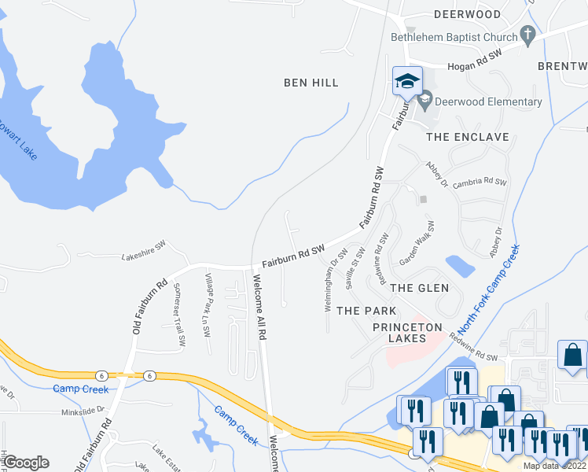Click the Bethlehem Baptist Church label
click(x=454, y=37)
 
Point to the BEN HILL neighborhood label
click(x=311, y=83)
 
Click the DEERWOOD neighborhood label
click(x=467, y=14)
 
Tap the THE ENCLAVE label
click(x=467, y=137)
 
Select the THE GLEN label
click(x=420, y=288)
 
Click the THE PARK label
click(x=366, y=311)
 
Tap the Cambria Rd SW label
click(x=480, y=182)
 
